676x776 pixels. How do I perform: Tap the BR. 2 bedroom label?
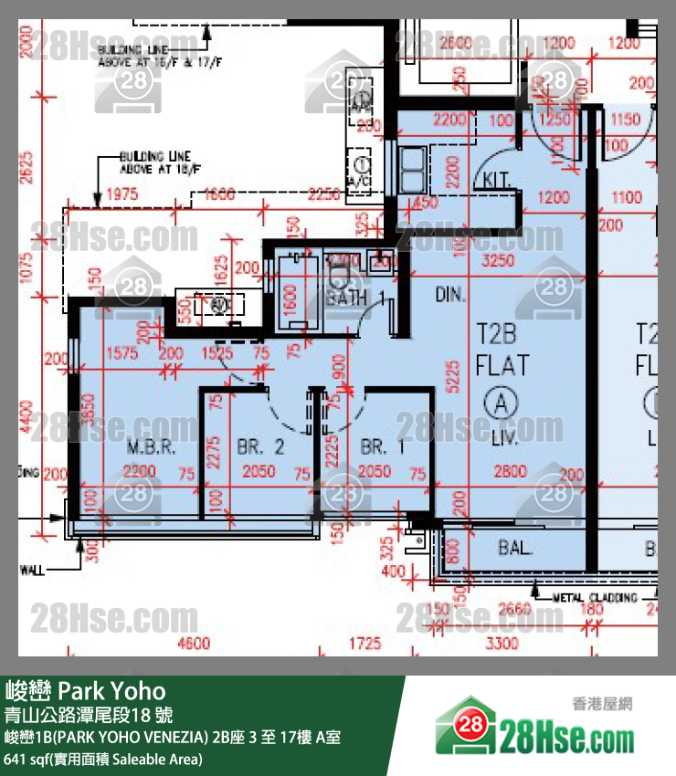click(260, 446)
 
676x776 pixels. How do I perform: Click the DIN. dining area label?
click(450, 295)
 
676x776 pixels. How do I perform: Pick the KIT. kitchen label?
click(499, 179)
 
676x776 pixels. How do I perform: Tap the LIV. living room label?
click(501, 438)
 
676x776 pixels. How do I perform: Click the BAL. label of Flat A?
click(515, 549)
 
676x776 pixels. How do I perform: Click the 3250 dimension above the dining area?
click(498, 260)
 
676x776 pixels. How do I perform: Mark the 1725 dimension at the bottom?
click(363, 643)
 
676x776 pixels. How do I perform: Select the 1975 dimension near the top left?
click(121, 194)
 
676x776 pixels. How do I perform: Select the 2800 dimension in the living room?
click(510, 471)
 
